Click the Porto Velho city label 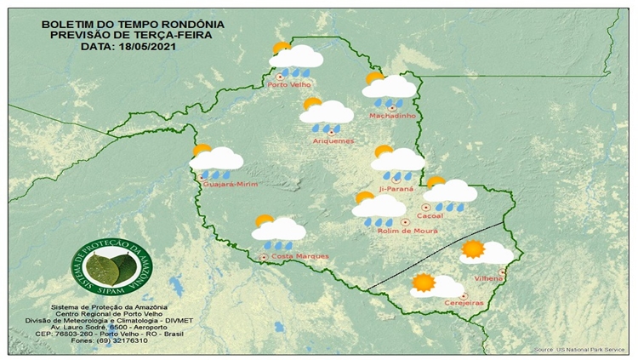[x=289, y=84]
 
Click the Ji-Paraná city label [x=396, y=189]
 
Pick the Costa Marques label [x=288, y=256]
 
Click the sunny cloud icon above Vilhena [x=485, y=252]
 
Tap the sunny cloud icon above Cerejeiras [x=435, y=286]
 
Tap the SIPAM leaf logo [x=107, y=268]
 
